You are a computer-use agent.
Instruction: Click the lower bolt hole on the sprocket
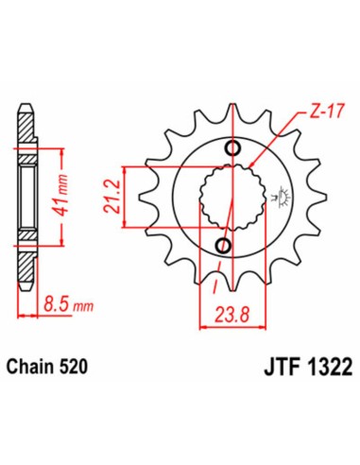pos(224,248)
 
